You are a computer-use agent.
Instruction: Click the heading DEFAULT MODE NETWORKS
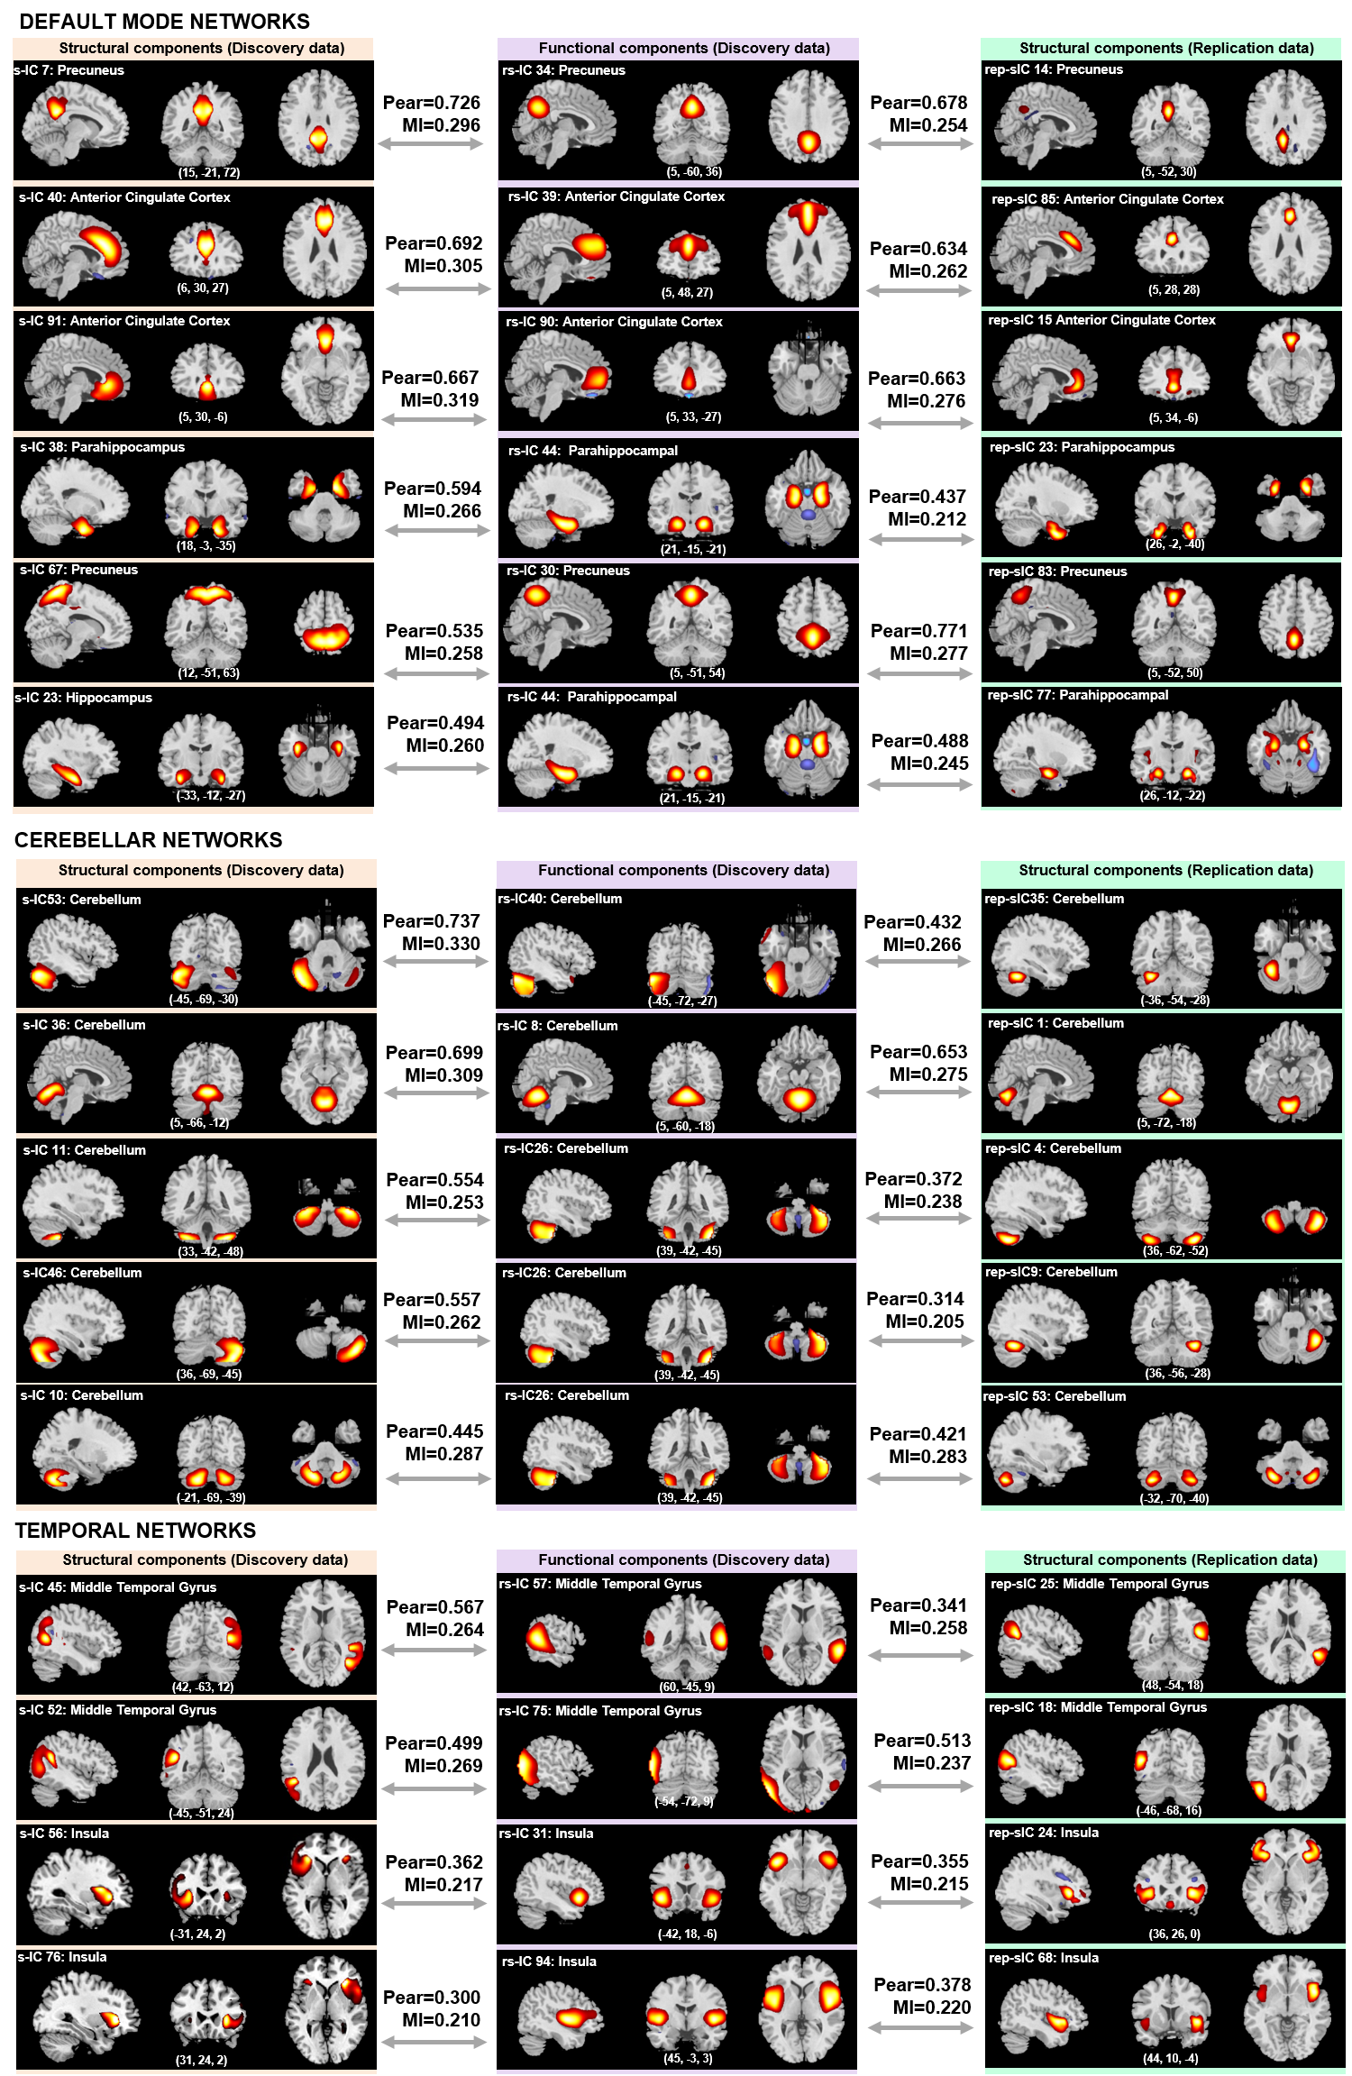click(164, 22)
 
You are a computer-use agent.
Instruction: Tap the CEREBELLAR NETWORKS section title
click(148, 840)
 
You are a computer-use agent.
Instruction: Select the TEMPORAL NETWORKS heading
click(135, 1531)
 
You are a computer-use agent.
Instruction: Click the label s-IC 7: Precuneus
click(69, 70)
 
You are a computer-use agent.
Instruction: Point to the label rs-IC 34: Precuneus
click(563, 70)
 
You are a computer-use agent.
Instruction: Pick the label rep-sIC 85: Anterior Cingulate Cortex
click(1107, 199)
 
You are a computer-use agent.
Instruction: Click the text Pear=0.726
click(432, 103)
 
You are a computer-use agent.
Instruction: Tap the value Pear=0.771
click(918, 631)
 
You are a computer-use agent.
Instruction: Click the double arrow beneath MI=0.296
click(431, 144)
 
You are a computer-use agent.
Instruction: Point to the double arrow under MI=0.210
click(433, 2042)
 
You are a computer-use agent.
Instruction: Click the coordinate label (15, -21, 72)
click(208, 172)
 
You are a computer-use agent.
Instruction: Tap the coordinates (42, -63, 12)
click(203, 1687)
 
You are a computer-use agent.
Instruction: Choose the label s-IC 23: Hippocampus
click(83, 698)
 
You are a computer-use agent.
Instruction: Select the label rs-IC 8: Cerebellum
click(557, 1026)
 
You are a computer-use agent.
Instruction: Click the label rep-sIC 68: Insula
click(1044, 1958)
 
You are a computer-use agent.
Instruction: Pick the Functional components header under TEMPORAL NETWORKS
click(683, 1559)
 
